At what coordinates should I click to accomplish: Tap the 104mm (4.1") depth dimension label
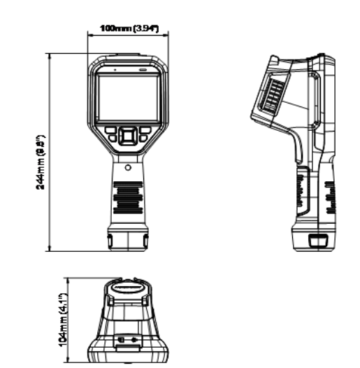64,319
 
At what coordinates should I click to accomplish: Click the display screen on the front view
127,97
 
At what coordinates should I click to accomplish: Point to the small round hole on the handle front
128,168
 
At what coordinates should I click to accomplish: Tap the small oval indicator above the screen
143,70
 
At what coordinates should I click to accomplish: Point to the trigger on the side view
299,150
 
